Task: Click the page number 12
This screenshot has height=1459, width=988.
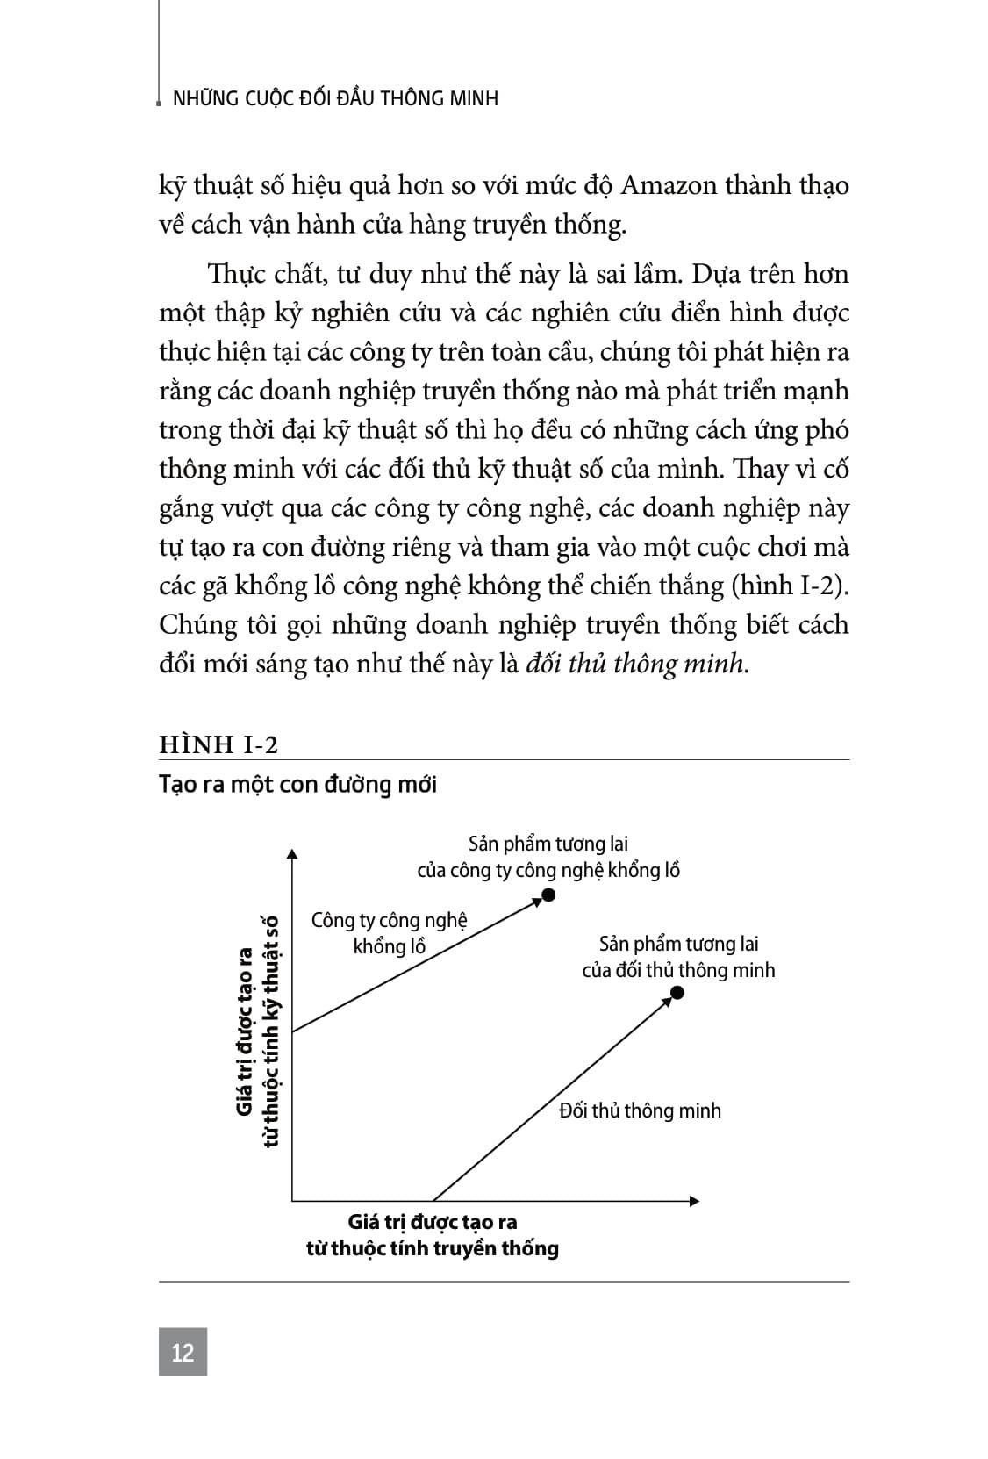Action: pyautogui.click(x=183, y=1352)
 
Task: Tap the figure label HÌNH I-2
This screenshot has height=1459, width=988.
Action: pyautogui.click(x=218, y=744)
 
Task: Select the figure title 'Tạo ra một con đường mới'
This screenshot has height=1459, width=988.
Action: pyautogui.click(x=297, y=784)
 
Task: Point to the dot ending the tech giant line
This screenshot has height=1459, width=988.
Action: pyautogui.click(x=548, y=895)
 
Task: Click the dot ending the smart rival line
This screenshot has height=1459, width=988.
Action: pyautogui.click(x=677, y=993)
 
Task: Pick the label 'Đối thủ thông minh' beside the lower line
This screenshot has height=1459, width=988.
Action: pyautogui.click(x=640, y=1110)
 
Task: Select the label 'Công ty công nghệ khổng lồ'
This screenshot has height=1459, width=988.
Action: pyautogui.click(x=390, y=933)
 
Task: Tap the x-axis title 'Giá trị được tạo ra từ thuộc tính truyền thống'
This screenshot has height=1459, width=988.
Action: pyautogui.click(x=432, y=1235)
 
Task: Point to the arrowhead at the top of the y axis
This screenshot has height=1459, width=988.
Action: pyautogui.click(x=292, y=852)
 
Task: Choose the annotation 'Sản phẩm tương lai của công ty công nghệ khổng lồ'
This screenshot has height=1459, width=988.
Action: pyautogui.click(x=548, y=858)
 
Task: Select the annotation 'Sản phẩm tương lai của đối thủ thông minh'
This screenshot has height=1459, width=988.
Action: pyautogui.click(x=678, y=957)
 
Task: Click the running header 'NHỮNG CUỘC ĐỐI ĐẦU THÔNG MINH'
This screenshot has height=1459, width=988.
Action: pyautogui.click(x=336, y=98)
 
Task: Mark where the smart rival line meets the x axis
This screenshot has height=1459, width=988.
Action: pyautogui.click(x=433, y=1200)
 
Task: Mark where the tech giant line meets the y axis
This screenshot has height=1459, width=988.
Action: pyautogui.click(x=292, y=1031)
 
